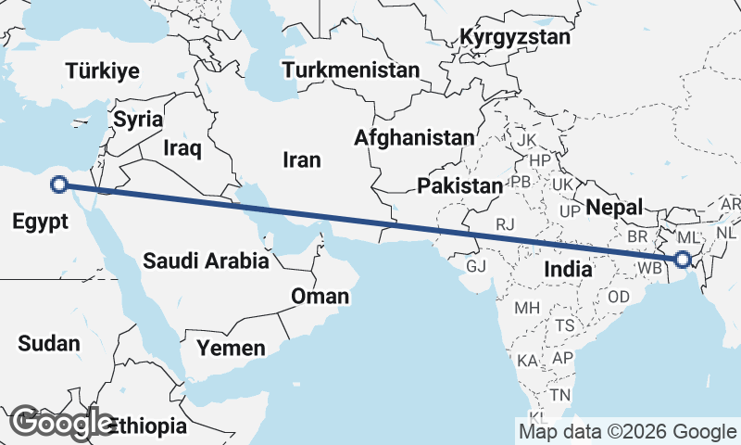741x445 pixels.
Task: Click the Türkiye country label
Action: click(x=102, y=70)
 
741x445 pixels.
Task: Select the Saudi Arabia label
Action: click(x=206, y=261)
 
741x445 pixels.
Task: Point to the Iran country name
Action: click(x=302, y=160)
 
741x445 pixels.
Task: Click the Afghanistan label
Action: click(x=414, y=138)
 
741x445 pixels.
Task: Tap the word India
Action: click(x=568, y=269)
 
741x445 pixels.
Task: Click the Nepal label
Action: click(x=615, y=207)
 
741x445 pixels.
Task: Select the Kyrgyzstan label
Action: click(x=515, y=38)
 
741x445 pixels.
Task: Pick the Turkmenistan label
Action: click(x=351, y=70)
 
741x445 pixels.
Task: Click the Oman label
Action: click(x=320, y=297)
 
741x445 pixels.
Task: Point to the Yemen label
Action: click(x=231, y=349)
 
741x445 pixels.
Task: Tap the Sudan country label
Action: click(x=49, y=343)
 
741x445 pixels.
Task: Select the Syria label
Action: click(x=138, y=120)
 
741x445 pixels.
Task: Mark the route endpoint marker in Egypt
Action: click(x=59, y=184)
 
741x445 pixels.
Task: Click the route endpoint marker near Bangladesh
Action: click(x=684, y=260)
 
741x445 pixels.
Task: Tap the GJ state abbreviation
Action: click(x=476, y=266)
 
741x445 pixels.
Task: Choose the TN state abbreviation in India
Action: click(x=560, y=395)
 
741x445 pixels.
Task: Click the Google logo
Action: click(x=60, y=423)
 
